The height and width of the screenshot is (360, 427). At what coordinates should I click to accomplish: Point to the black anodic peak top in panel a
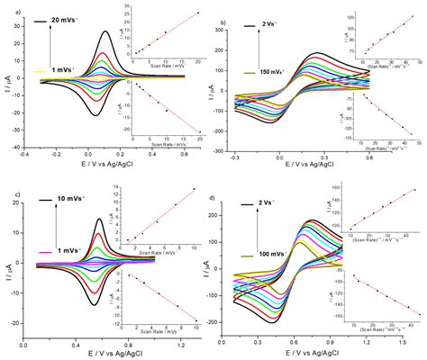(x=106, y=32)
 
